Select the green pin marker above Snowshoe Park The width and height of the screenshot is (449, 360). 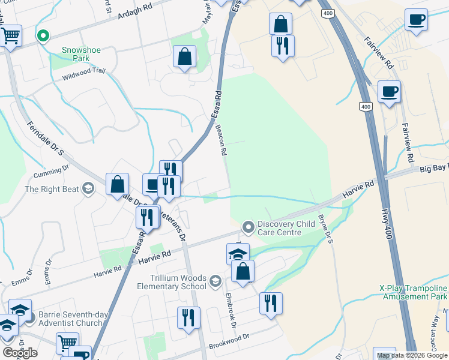43,37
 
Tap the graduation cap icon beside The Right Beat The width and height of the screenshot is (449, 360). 88,189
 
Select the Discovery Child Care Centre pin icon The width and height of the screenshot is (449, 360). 247,227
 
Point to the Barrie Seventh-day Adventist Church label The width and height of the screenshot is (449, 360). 79,319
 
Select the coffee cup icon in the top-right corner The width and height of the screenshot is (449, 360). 416,20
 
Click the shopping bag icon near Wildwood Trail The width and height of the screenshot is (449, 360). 185,57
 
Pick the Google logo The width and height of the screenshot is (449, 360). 20,353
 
